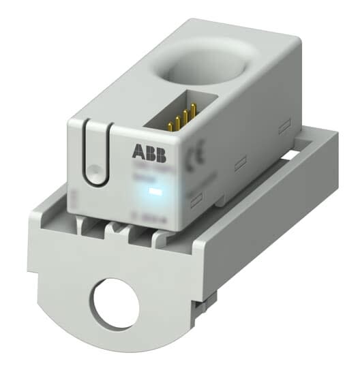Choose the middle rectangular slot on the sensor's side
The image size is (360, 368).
(x=241, y=163)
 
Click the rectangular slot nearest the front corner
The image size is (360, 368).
(x=196, y=199)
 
